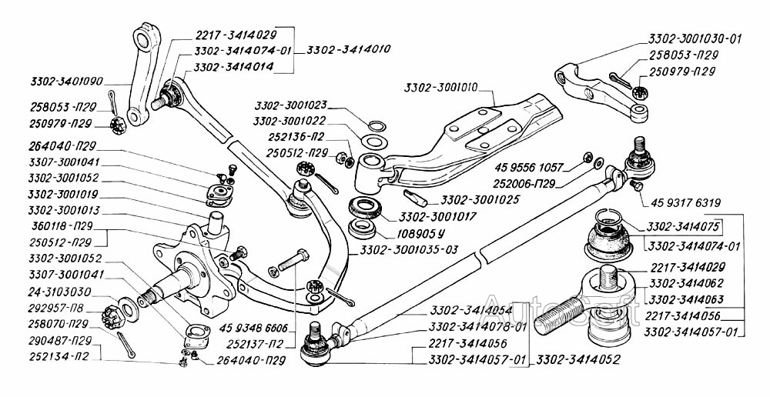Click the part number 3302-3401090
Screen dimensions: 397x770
pos(67,81)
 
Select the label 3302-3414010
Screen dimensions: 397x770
pos(348,49)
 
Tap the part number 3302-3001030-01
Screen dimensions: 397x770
pos(695,37)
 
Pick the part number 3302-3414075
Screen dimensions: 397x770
pos(684,229)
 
